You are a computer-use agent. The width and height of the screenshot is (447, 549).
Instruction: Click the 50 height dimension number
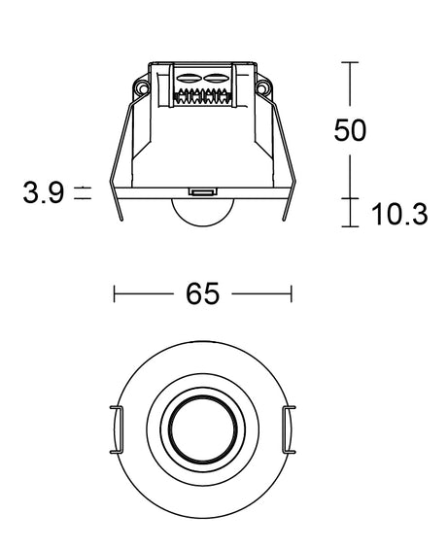[350, 130]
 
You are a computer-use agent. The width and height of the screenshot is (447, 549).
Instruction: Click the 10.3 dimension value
[399, 215]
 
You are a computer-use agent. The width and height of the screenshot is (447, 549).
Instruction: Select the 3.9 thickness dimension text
[44, 192]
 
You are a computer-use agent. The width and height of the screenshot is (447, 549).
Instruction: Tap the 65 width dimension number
[203, 293]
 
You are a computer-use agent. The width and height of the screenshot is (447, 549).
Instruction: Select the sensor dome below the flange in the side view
[203, 214]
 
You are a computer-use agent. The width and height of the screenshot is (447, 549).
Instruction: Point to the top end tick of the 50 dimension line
[350, 62]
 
